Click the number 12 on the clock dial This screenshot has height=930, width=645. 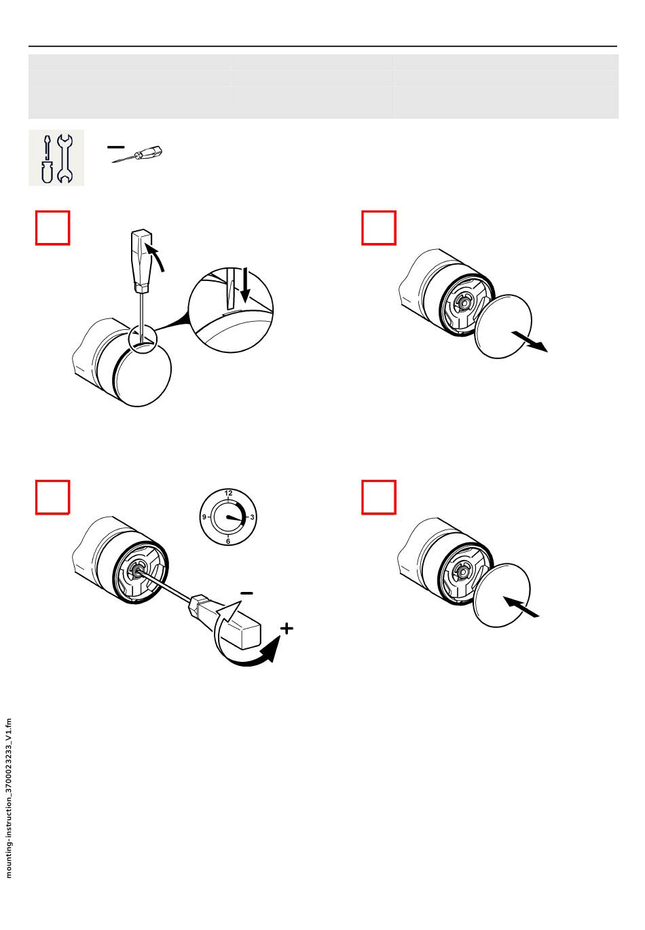tap(228, 494)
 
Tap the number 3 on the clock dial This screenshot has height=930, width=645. tap(252, 517)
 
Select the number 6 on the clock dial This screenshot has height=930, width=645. tap(228, 542)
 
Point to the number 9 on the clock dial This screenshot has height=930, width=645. tap(204, 517)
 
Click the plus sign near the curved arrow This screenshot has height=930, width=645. tap(287, 629)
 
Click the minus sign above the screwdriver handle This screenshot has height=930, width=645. tap(246, 593)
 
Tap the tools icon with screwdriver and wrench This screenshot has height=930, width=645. tap(56, 157)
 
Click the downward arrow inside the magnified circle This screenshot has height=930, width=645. tap(246, 285)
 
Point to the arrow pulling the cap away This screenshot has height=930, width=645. tap(529, 341)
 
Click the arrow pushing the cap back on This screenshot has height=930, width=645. tap(521, 607)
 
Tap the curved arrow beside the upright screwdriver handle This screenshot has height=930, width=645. tap(155, 257)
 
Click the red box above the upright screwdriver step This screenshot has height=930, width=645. tap(53, 228)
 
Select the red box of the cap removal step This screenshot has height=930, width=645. tap(379, 228)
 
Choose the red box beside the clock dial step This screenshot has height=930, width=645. tap(53, 498)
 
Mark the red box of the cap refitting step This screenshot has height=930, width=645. tap(379, 498)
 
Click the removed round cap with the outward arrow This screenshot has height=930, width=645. tap(503, 327)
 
